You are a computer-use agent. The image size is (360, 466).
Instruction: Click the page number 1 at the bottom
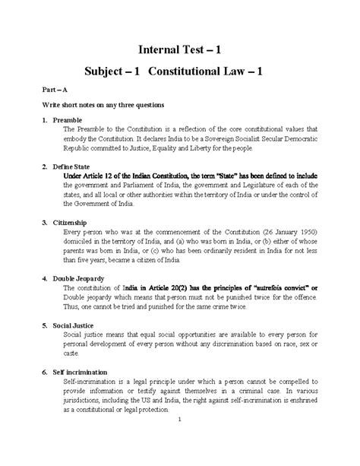point(177,442)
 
